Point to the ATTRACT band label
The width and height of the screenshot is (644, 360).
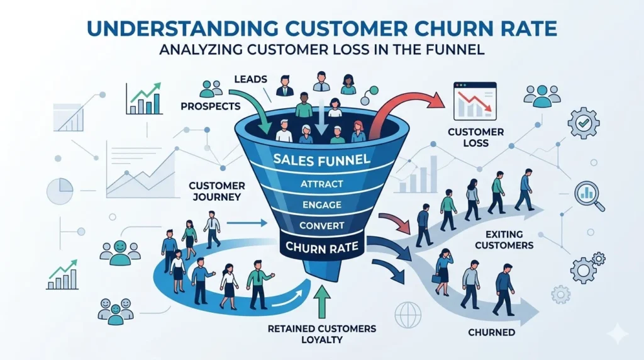pos(321,184)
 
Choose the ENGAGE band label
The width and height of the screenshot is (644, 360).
pos(321,205)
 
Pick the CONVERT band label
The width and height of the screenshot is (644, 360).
pos(321,225)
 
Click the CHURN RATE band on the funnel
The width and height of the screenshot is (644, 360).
pos(322,247)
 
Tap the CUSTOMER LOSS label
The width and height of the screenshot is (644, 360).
pos(476,138)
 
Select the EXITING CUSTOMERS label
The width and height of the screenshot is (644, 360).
pos(505,240)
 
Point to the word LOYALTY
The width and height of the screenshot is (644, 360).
pos(321,340)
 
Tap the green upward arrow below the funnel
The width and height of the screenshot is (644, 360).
pos(322,301)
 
